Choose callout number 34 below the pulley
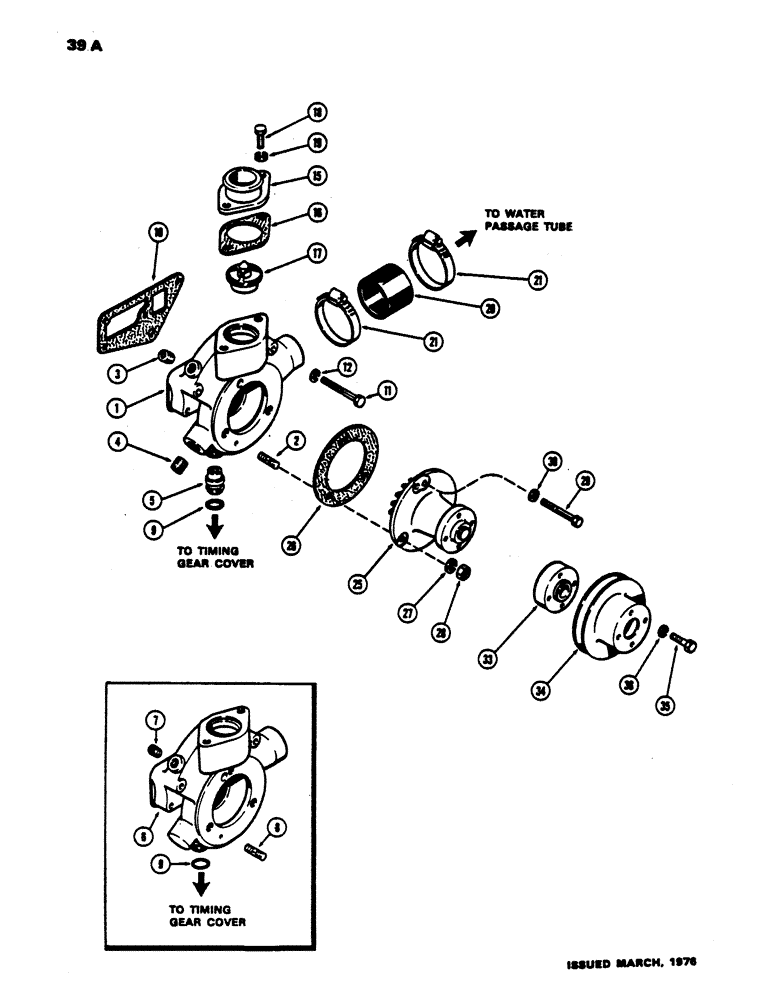(x=542, y=689)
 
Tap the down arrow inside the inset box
(x=201, y=884)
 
